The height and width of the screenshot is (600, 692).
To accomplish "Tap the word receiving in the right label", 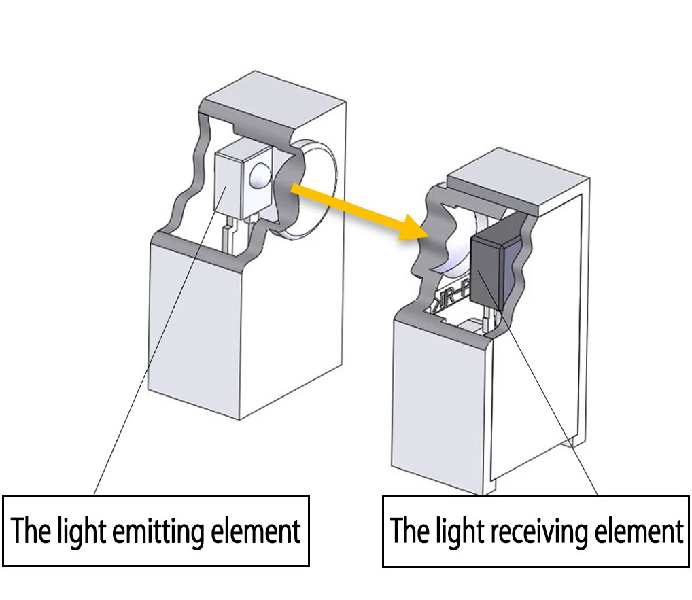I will pyautogui.click(x=539, y=531).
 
